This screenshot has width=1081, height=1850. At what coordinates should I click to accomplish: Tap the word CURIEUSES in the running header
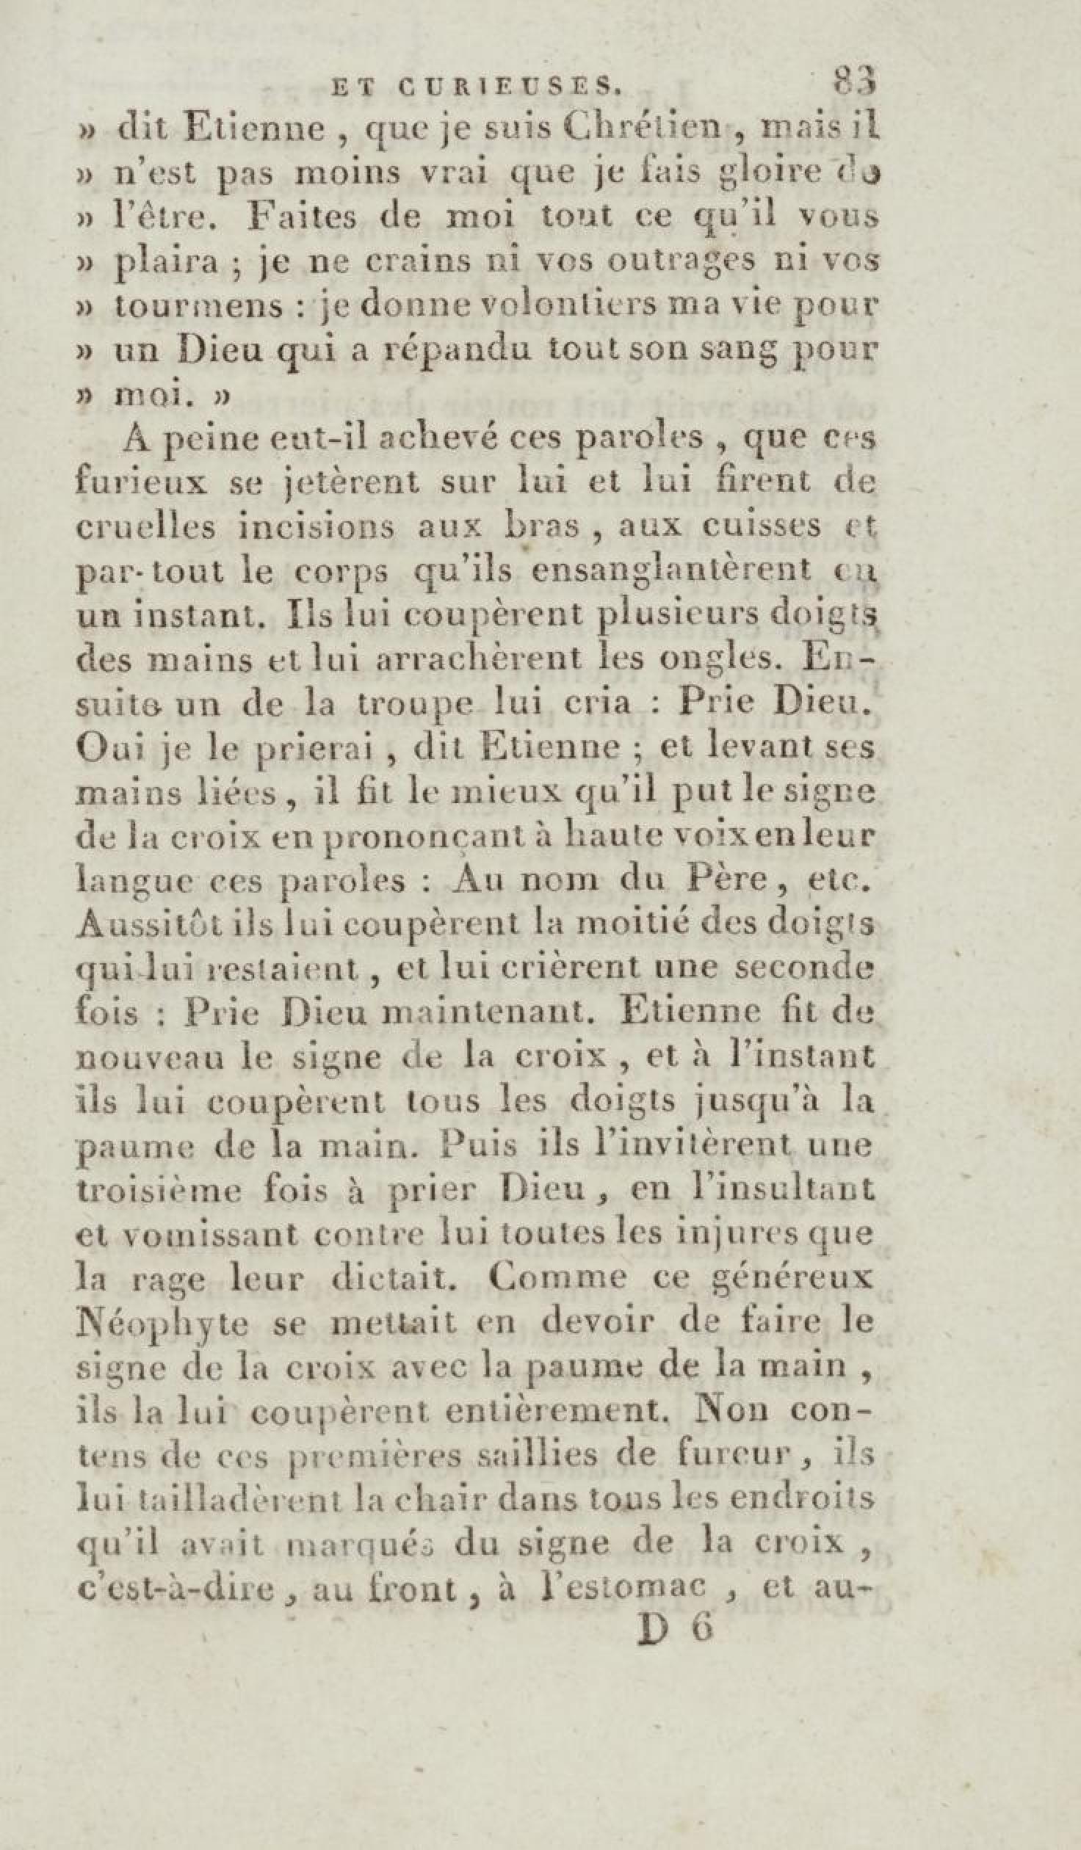coord(510,89)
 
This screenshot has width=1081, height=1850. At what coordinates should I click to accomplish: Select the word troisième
coord(159,1190)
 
